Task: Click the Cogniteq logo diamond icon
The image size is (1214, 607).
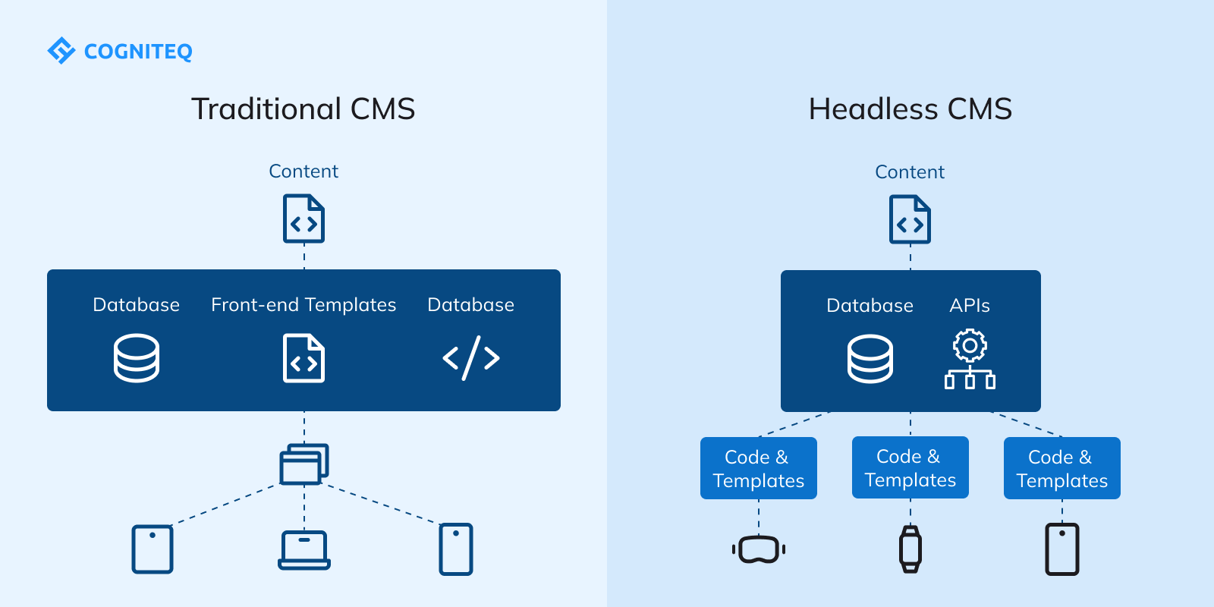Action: click(x=61, y=51)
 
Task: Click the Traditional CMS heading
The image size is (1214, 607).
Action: click(x=303, y=109)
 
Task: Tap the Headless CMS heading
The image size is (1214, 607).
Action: click(x=910, y=109)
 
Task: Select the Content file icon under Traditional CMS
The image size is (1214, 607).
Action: click(x=303, y=219)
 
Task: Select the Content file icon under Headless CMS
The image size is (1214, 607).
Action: click(x=910, y=219)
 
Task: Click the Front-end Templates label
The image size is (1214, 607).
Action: click(x=303, y=305)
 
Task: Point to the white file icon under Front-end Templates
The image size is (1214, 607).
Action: click(x=303, y=358)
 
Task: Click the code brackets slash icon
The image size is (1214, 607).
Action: click(x=470, y=358)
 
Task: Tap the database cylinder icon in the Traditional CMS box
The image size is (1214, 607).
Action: click(x=137, y=358)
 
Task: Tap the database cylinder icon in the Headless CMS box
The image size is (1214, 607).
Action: click(x=870, y=359)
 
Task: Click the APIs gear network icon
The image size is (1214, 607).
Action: click(x=970, y=359)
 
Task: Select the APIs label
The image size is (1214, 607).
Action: click(x=970, y=306)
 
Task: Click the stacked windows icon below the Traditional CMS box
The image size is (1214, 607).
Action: click(x=303, y=464)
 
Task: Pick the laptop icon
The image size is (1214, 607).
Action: click(x=303, y=550)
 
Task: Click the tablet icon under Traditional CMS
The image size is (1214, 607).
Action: click(x=153, y=549)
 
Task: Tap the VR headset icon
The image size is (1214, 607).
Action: click(x=759, y=549)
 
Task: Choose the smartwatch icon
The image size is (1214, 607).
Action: click(x=910, y=549)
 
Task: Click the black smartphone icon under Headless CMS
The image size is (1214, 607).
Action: click(x=1062, y=549)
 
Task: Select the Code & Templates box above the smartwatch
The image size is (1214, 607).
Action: click(x=910, y=467)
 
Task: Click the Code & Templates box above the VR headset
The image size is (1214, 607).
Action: click(x=759, y=468)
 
